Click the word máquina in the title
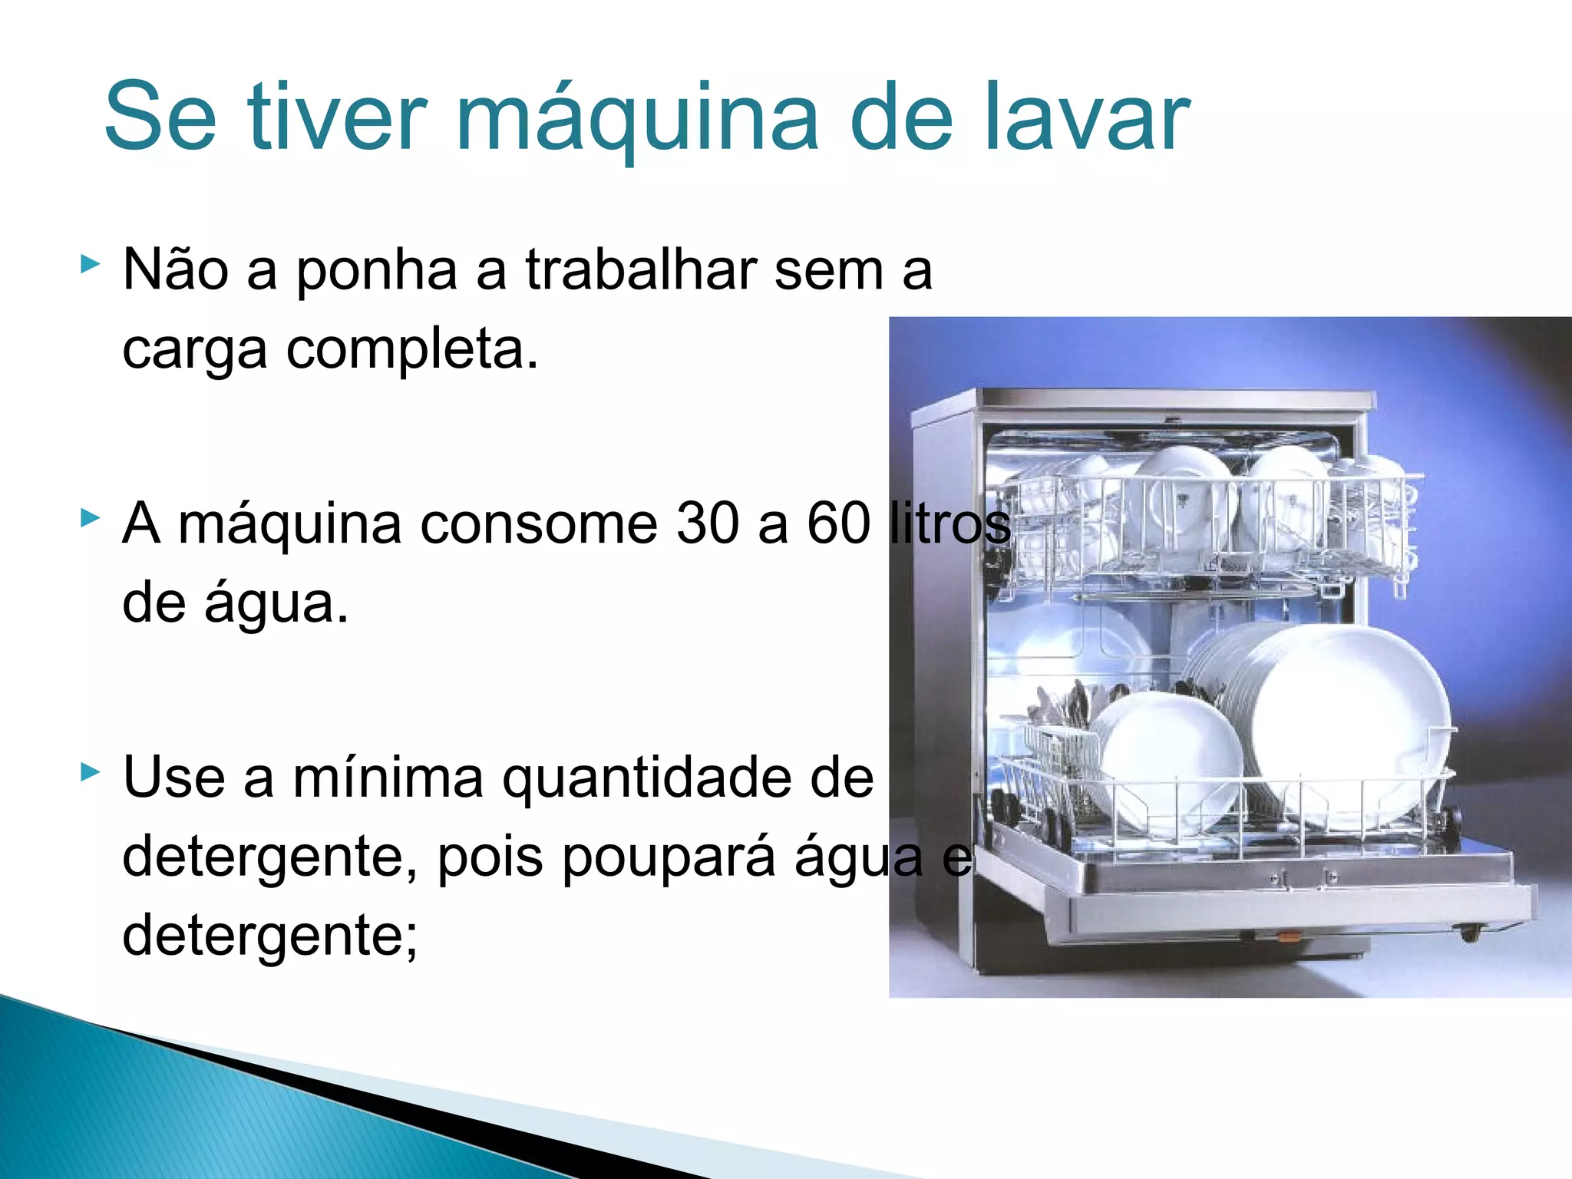pyautogui.click(x=637, y=119)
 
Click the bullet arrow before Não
pyautogui.click(x=90, y=265)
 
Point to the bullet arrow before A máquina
pyautogui.click(x=90, y=519)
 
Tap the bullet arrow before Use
pyautogui.click(x=90, y=771)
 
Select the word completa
pyautogui.click(x=412, y=350)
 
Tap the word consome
pyautogui.click(x=538, y=524)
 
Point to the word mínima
pyautogui.click(x=388, y=778)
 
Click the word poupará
pyautogui.click(x=668, y=858)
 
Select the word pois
pyautogui.click(x=490, y=858)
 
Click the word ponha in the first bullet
pyautogui.click(x=376, y=272)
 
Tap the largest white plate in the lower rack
pyautogui.click(x=1351, y=722)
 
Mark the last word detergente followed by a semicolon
pyautogui.click(x=269, y=936)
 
